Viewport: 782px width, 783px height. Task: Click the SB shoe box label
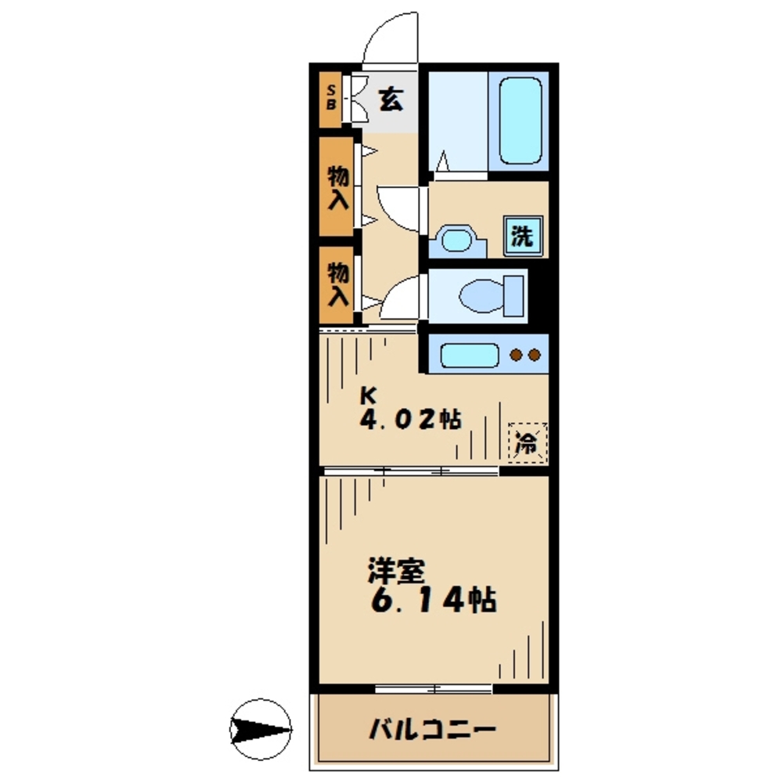point(330,99)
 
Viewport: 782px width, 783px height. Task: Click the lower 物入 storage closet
point(337,283)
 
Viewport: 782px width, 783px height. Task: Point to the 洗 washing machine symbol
point(522,236)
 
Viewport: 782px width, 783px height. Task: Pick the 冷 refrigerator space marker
point(526,443)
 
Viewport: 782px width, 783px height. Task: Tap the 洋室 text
point(396,571)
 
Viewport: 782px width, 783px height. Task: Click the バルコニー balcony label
point(432,731)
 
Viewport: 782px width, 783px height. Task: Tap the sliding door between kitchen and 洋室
point(411,471)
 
